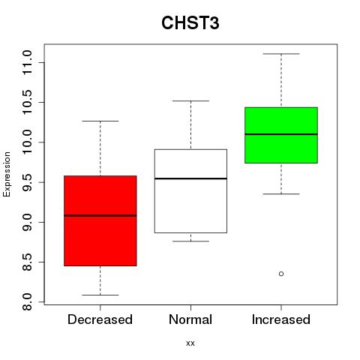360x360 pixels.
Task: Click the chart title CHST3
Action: click(190, 22)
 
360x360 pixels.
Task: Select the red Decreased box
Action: click(100, 220)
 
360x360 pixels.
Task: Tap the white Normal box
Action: click(190, 191)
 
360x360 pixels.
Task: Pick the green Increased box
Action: click(281, 135)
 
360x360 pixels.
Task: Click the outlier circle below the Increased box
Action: click(281, 274)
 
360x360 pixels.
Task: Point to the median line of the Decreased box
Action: click(100, 215)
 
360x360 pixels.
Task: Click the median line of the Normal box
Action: click(190, 178)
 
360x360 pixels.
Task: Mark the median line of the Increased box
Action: click(281, 134)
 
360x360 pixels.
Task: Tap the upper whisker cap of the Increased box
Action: click(281, 54)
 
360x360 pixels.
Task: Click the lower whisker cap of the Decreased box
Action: click(100, 295)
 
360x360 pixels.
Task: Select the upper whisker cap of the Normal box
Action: click(190, 100)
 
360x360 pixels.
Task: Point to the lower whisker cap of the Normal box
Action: click(190, 241)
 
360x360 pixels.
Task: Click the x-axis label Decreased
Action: click(100, 319)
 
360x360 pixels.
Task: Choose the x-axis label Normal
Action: click(190, 319)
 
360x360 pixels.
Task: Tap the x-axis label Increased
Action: click(281, 319)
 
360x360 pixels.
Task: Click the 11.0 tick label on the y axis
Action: click(27, 62)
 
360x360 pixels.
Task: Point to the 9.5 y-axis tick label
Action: click(27, 182)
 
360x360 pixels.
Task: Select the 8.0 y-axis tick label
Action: click(27, 302)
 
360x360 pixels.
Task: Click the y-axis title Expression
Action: click(7, 175)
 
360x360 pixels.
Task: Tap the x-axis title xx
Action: click(190, 343)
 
